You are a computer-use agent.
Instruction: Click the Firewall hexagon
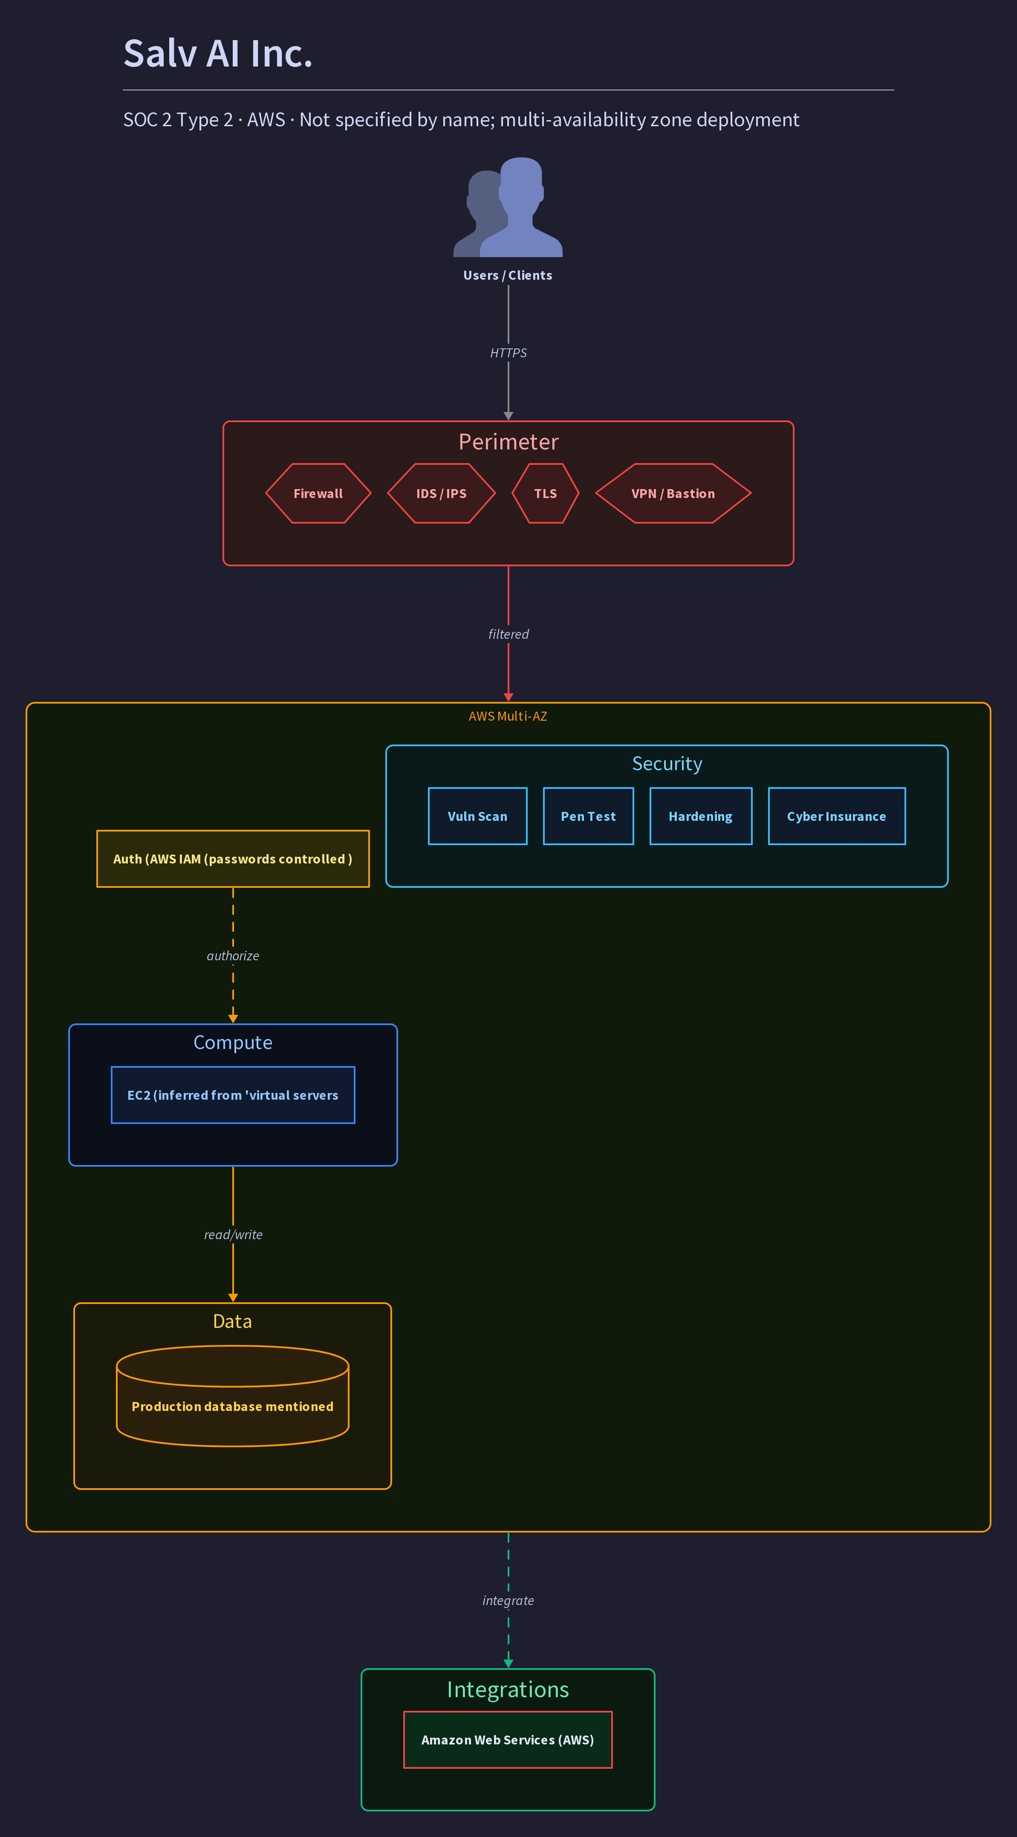[x=318, y=493]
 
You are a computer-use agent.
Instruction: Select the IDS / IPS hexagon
[x=441, y=493]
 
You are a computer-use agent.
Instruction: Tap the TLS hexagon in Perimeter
[x=545, y=493]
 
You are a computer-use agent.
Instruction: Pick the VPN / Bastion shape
[x=673, y=493]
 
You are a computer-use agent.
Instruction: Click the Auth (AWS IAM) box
[x=233, y=859]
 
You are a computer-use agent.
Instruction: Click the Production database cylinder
[x=232, y=1396]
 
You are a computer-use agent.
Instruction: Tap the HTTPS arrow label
[x=508, y=353]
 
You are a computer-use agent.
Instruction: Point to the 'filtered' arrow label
[x=508, y=634]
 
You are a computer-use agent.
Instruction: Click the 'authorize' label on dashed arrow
[x=233, y=956]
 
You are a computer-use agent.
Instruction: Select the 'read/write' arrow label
[x=233, y=1234]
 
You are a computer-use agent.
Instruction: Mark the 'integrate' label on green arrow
[x=508, y=1600]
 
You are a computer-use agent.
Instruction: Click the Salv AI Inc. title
[x=218, y=53]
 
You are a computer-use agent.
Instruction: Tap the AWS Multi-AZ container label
[x=508, y=716]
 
